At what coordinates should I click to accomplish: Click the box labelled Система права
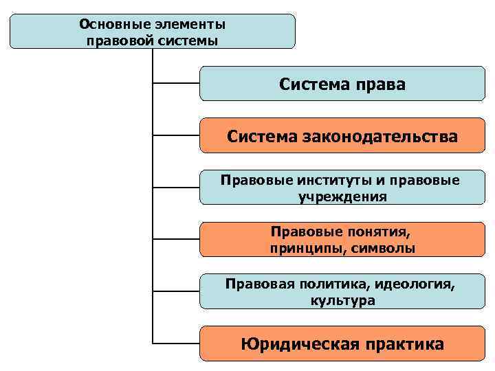pyautogui.click(x=342, y=84)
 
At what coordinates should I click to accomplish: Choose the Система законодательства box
pyautogui.click(x=342, y=136)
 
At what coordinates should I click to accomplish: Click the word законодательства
pyautogui.click(x=379, y=137)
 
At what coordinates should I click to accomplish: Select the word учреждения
pyautogui.click(x=342, y=196)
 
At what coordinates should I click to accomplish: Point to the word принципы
pyautogui.click(x=309, y=248)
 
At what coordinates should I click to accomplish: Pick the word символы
pyautogui.click(x=383, y=248)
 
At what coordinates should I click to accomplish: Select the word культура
pyautogui.click(x=342, y=300)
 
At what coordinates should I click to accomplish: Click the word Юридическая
pyautogui.click(x=300, y=344)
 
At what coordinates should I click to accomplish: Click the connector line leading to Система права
pyautogui.click(x=175, y=84)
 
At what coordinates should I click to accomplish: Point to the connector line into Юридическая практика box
pyautogui.click(x=175, y=344)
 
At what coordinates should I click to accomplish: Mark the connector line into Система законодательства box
pyautogui.click(x=175, y=136)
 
